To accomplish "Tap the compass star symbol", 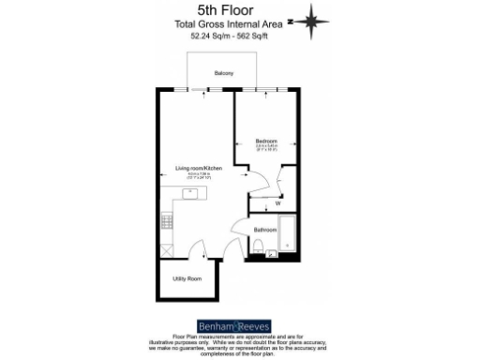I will pyautogui.click(x=325, y=20).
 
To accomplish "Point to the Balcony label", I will pyautogui.click(x=223, y=73).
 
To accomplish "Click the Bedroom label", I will pyautogui.click(x=266, y=140).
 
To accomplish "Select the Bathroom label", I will pyautogui.click(x=265, y=230).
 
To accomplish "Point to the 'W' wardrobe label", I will pyautogui.click(x=277, y=202).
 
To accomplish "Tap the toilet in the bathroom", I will pyautogui.click(x=270, y=247).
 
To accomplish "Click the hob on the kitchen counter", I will pyautogui.click(x=168, y=221).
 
